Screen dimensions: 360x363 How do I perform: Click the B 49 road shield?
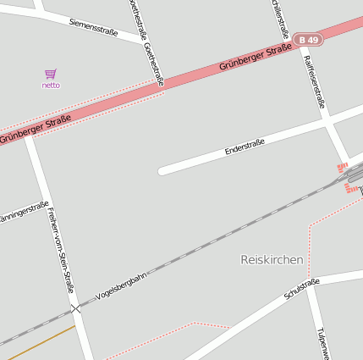[310, 40]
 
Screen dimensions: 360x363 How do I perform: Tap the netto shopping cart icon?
[51, 75]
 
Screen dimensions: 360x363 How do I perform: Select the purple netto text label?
[51, 86]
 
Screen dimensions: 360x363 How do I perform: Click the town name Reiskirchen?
[272, 260]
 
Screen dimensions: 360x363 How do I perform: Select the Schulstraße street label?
[302, 289]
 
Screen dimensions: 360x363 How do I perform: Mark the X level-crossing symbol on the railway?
[77, 308]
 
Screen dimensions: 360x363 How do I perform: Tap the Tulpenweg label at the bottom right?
[321, 343]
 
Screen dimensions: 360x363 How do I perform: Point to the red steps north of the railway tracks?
[343, 167]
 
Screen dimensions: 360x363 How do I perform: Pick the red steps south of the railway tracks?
[349, 188]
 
